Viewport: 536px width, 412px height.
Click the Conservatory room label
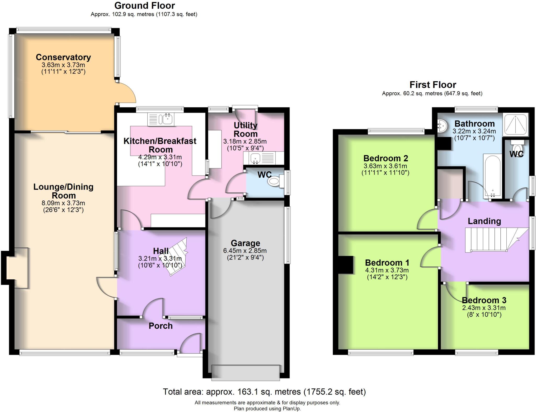(x=63, y=57)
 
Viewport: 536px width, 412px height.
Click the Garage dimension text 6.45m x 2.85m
(x=245, y=251)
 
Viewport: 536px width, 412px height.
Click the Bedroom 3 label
(x=484, y=300)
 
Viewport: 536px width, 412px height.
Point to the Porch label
(x=160, y=326)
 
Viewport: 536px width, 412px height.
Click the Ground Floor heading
(x=144, y=5)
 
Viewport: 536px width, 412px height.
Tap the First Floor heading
(x=433, y=85)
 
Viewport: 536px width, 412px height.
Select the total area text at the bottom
(x=264, y=392)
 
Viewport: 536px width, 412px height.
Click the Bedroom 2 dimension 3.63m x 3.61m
(x=385, y=166)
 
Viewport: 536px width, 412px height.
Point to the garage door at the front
(x=245, y=373)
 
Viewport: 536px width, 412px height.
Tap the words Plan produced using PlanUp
(x=267, y=409)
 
